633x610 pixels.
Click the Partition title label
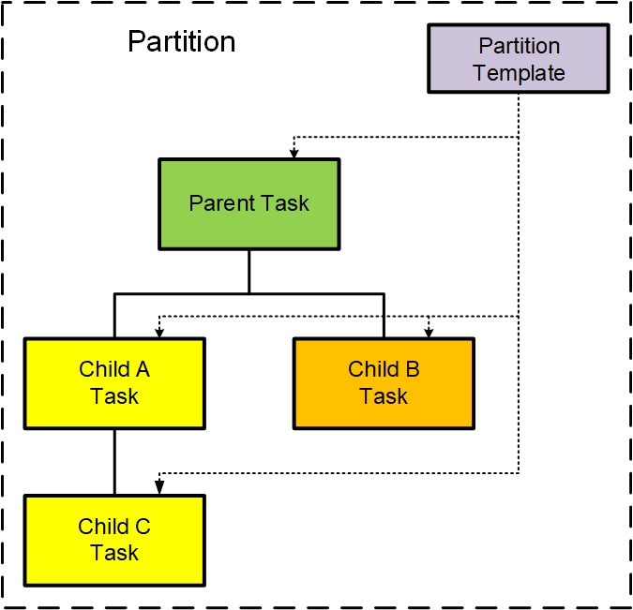tap(182, 41)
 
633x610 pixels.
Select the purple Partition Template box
tap(519, 58)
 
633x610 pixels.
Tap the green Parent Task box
tap(249, 204)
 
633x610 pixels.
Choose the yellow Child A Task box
tap(114, 383)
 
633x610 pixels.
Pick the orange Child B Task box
tap(384, 383)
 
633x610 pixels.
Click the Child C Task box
tap(114, 541)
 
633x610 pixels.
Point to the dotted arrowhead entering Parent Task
tap(294, 154)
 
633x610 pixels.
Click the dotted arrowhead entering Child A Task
tap(159, 333)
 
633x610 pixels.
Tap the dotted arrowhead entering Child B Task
tap(429, 333)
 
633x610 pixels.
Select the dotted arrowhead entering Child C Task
tap(159, 487)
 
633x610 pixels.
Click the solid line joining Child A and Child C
tap(114, 462)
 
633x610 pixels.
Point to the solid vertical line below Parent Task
tap(249, 272)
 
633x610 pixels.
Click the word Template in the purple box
tap(519, 73)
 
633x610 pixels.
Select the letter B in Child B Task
tap(413, 369)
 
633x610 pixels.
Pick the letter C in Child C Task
tap(143, 526)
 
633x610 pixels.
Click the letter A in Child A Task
tap(143, 369)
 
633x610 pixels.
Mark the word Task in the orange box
tap(384, 395)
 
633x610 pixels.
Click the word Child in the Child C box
tap(103, 526)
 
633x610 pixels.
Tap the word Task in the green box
tap(285, 203)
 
